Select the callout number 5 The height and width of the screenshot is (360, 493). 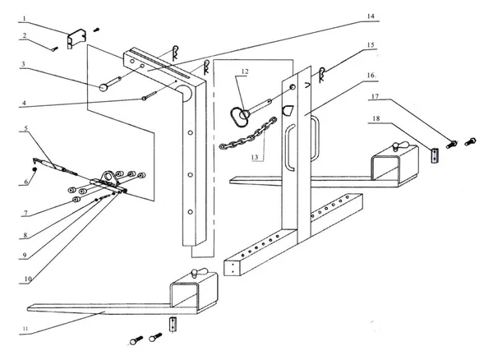point(26,129)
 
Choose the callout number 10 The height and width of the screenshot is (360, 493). point(26,279)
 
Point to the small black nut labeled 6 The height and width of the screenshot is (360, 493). point(33,169)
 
